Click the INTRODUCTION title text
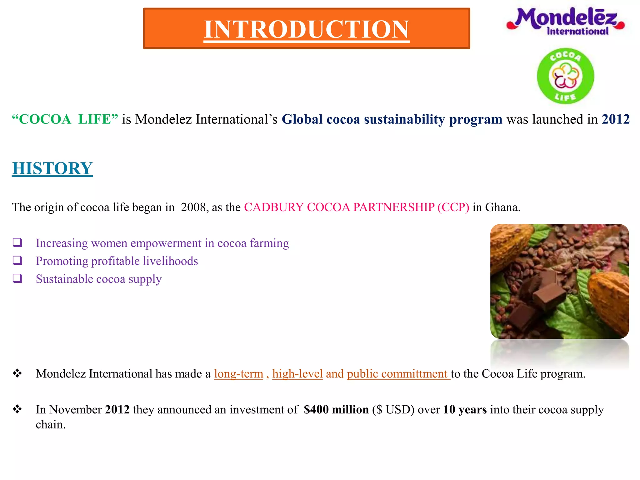306,29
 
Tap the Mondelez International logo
566,21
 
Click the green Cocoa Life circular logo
565,76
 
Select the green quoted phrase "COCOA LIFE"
65,119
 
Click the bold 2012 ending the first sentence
615,119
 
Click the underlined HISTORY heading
52,168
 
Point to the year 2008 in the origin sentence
193,207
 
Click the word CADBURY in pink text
273,207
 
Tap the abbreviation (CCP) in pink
453,207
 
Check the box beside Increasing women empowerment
17,242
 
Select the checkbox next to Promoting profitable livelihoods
17,260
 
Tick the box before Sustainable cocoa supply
17,278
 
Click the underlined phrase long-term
238,374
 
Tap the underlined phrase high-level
297,374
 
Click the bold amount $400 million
336,410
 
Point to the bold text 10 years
465,410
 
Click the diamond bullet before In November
17,409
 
